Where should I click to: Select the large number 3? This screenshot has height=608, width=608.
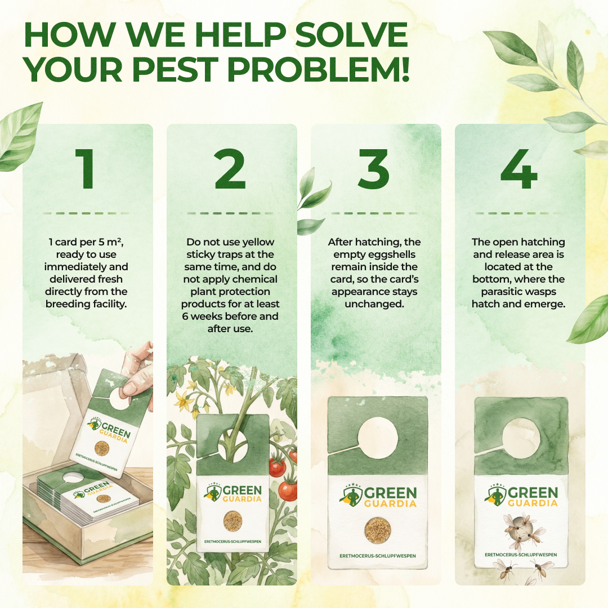point(373,169)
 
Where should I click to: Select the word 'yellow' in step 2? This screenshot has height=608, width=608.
point(256,242)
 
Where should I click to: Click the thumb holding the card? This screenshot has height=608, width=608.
point(131,387)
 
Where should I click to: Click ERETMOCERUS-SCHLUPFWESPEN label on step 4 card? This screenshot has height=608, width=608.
point(521,555)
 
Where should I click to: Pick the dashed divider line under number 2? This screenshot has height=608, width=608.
point(230,213)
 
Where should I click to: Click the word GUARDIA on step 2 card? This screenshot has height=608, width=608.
point(242,499)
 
